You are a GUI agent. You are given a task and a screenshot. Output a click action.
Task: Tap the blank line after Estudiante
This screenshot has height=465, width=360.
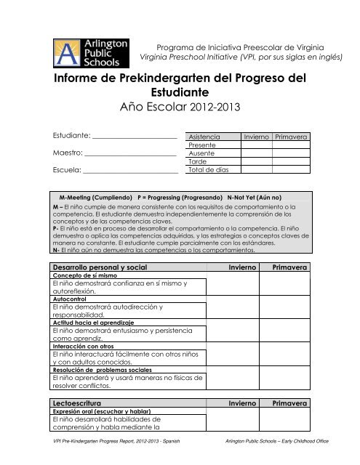click(x=135, y=136)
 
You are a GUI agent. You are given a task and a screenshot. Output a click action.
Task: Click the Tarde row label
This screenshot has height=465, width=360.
click(x=197, y=162)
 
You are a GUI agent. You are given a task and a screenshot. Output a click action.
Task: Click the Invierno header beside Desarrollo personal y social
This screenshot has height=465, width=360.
click(x=244, y=268)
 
